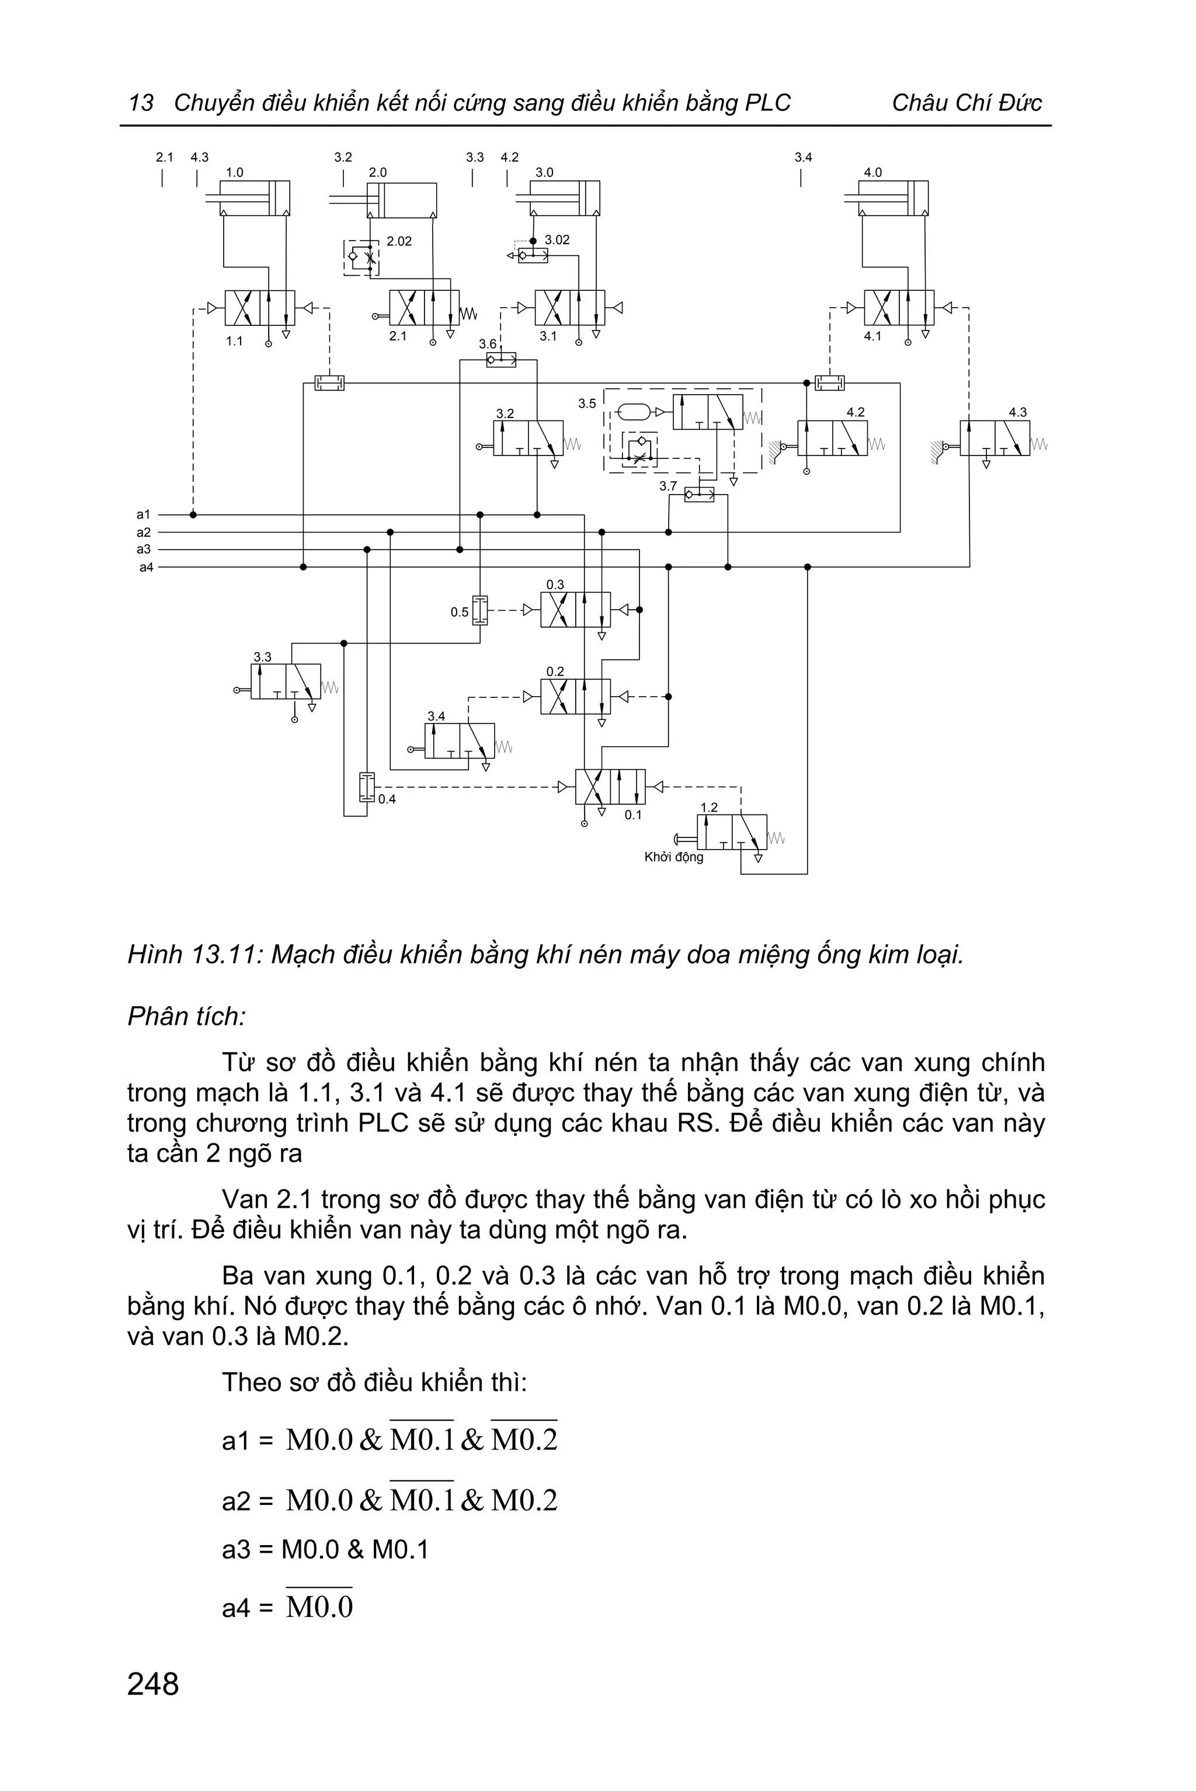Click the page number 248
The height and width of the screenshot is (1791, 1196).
(x=154, y=1684)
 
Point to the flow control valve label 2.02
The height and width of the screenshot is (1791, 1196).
(x=399, y=242)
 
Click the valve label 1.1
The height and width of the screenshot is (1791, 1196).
(x=234, y=341)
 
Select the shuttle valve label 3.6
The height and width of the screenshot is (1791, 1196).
(x=488, y=344)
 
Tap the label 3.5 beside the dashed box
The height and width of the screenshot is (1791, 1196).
(x=586, y=404)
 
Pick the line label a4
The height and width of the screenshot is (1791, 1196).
(x=145, y=568)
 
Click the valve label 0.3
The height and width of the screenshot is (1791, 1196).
(x=555, y=585)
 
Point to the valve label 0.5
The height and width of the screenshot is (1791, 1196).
(x=459, y=612)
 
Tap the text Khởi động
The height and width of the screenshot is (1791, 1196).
(x=673, y=857)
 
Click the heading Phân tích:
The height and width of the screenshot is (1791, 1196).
(x=186, y=1017)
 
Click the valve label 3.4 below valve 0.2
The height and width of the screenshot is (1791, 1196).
(x=436, y=717)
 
